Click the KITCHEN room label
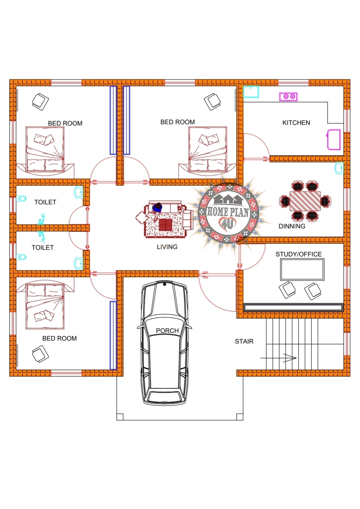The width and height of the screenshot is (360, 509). tap(296, 123)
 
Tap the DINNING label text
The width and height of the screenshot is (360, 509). tap(292, 226)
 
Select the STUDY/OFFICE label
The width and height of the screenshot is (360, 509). tap(298, 254)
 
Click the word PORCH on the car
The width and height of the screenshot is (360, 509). tap(167, 331)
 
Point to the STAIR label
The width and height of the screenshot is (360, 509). tap(244, 341)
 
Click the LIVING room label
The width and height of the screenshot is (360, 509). tap(167, 247)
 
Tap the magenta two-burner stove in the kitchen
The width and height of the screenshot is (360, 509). tap(288, 97)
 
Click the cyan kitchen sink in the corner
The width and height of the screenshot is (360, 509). tap(251, 92)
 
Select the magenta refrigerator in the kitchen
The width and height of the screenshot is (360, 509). tap(334, 139)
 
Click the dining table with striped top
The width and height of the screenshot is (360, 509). tap(305, 201)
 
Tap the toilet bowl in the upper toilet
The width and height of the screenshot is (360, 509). tap(21, 199)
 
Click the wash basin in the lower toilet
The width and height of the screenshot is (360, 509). tap(79, 264)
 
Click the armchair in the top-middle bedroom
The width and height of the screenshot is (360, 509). tap(212, 101)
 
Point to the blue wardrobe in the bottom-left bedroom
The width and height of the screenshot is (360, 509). tap(113, 335)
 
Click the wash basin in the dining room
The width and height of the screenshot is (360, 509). tap(339, 168)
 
